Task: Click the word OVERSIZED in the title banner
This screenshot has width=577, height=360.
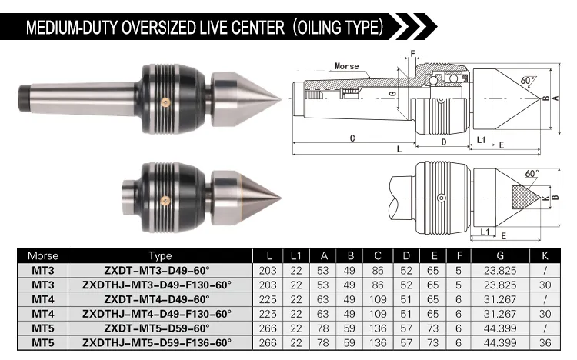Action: click(x=159, y=27)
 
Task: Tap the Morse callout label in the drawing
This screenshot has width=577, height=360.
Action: click(x=347, y=66)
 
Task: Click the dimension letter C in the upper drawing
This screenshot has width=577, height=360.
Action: click(x=352, y=138)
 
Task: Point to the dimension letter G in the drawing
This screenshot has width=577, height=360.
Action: click(x=392, y=94)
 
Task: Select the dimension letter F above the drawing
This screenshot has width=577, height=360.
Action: click(x=412, y=54)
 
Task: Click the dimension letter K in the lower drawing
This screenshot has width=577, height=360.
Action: click(x=545, y=198)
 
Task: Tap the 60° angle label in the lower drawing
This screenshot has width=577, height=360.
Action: click(x=532, y=173)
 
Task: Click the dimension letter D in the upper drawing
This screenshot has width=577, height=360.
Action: click(x=444, y=142)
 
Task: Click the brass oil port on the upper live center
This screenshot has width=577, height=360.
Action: click(x=165, y=103)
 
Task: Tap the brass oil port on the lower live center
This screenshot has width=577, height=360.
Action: click(x=165, y=200)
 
